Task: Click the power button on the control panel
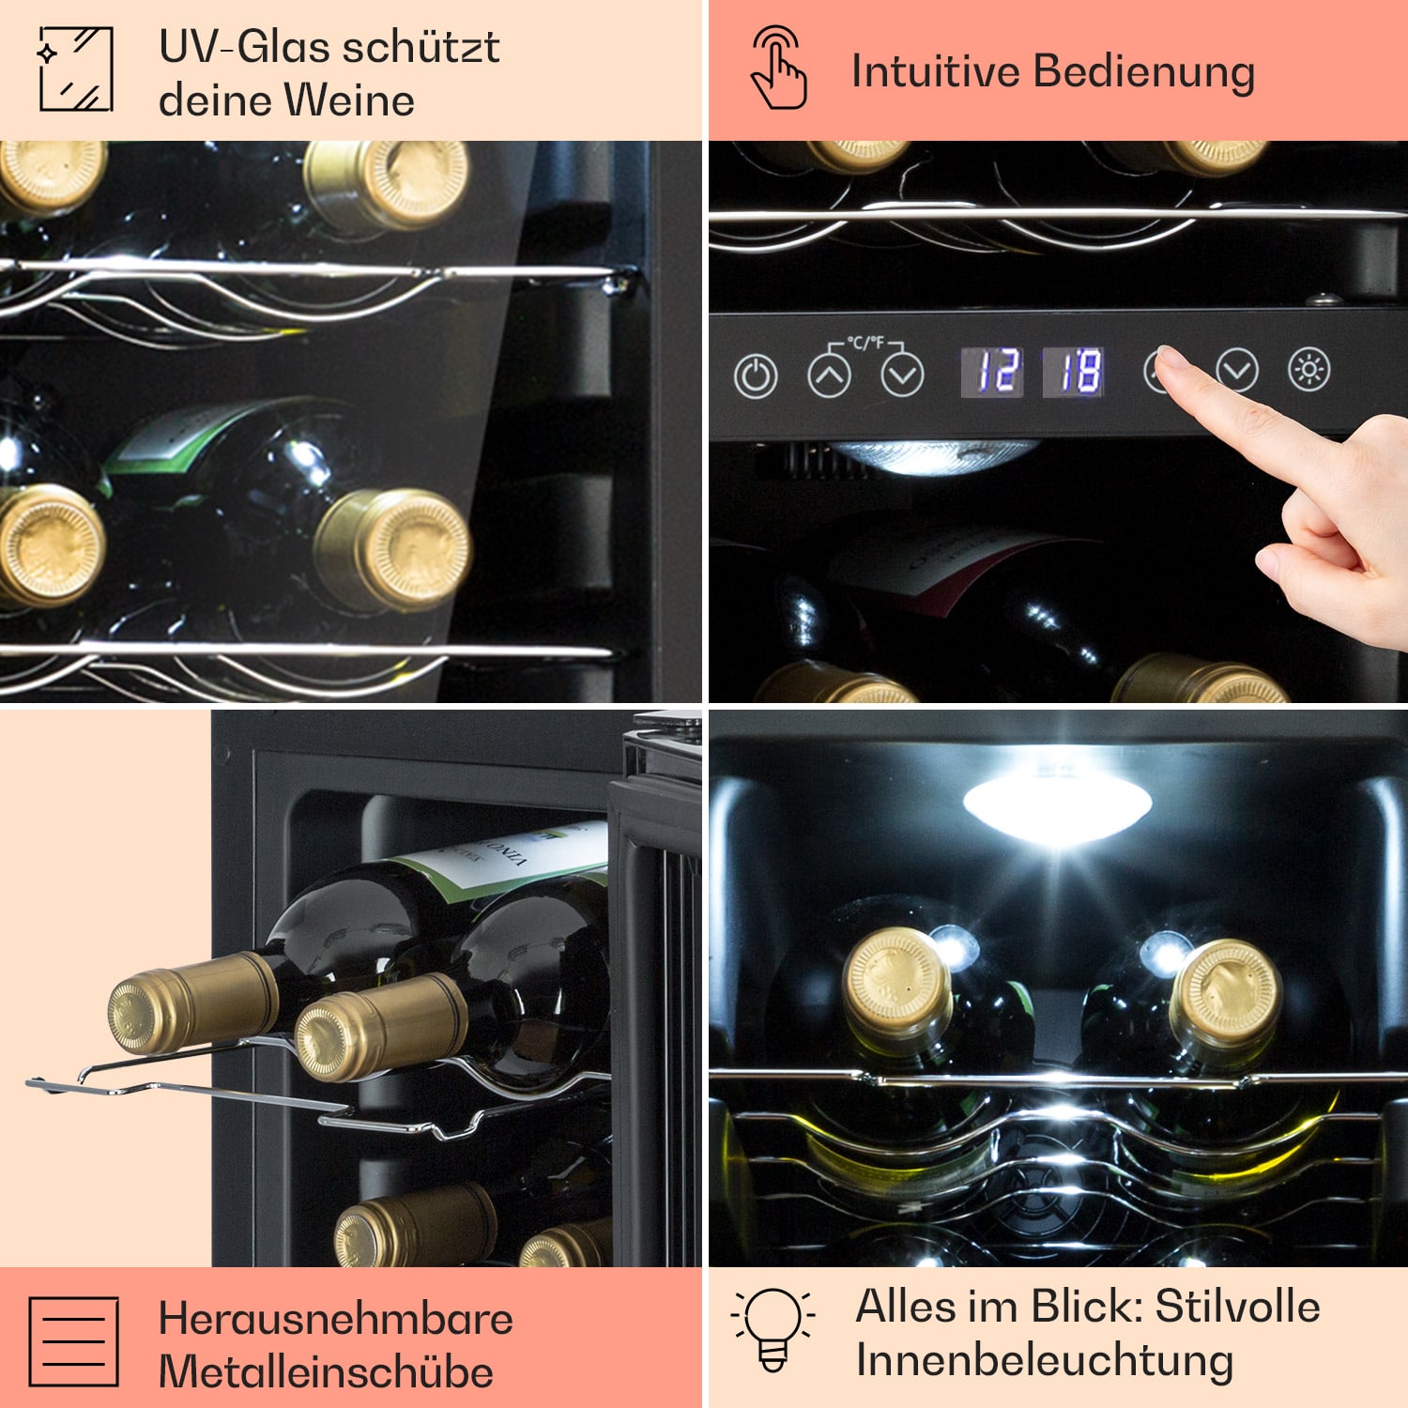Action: pyautogui.click(x=756, y=377)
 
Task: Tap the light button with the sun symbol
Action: pyautogui.click(x=1309, y=370)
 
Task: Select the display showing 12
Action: pyautogui.click(x=992, y=372)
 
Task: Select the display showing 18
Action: pyautogui.click(x=1074, y=372)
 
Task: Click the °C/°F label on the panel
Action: pyautogui.click(x=865, y=343)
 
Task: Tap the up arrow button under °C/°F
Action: pyautogui.click(x=830, y=377)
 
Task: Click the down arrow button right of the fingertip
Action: pyautogui.click(x=1237, y=371)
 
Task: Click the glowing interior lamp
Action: pyautogui.click(x=1057, y=805)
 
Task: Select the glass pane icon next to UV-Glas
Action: pyautogui.click(x=76, y=69)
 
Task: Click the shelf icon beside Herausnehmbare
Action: pyautogui.click(x=74, y=1342)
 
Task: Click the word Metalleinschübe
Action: pyautogui.click(x=326, y=1372)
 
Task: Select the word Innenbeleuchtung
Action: pyautogui.click(x=1044, y=1360)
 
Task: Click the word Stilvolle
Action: pyautogui.click(x=1237, y=1306)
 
